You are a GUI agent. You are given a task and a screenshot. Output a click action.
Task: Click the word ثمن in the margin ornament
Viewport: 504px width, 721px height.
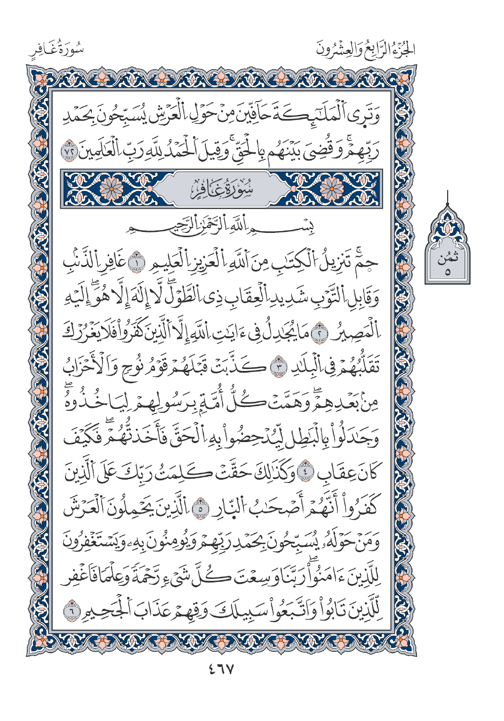447,259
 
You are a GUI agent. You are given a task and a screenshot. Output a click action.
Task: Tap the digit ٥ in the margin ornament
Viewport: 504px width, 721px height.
447,272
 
